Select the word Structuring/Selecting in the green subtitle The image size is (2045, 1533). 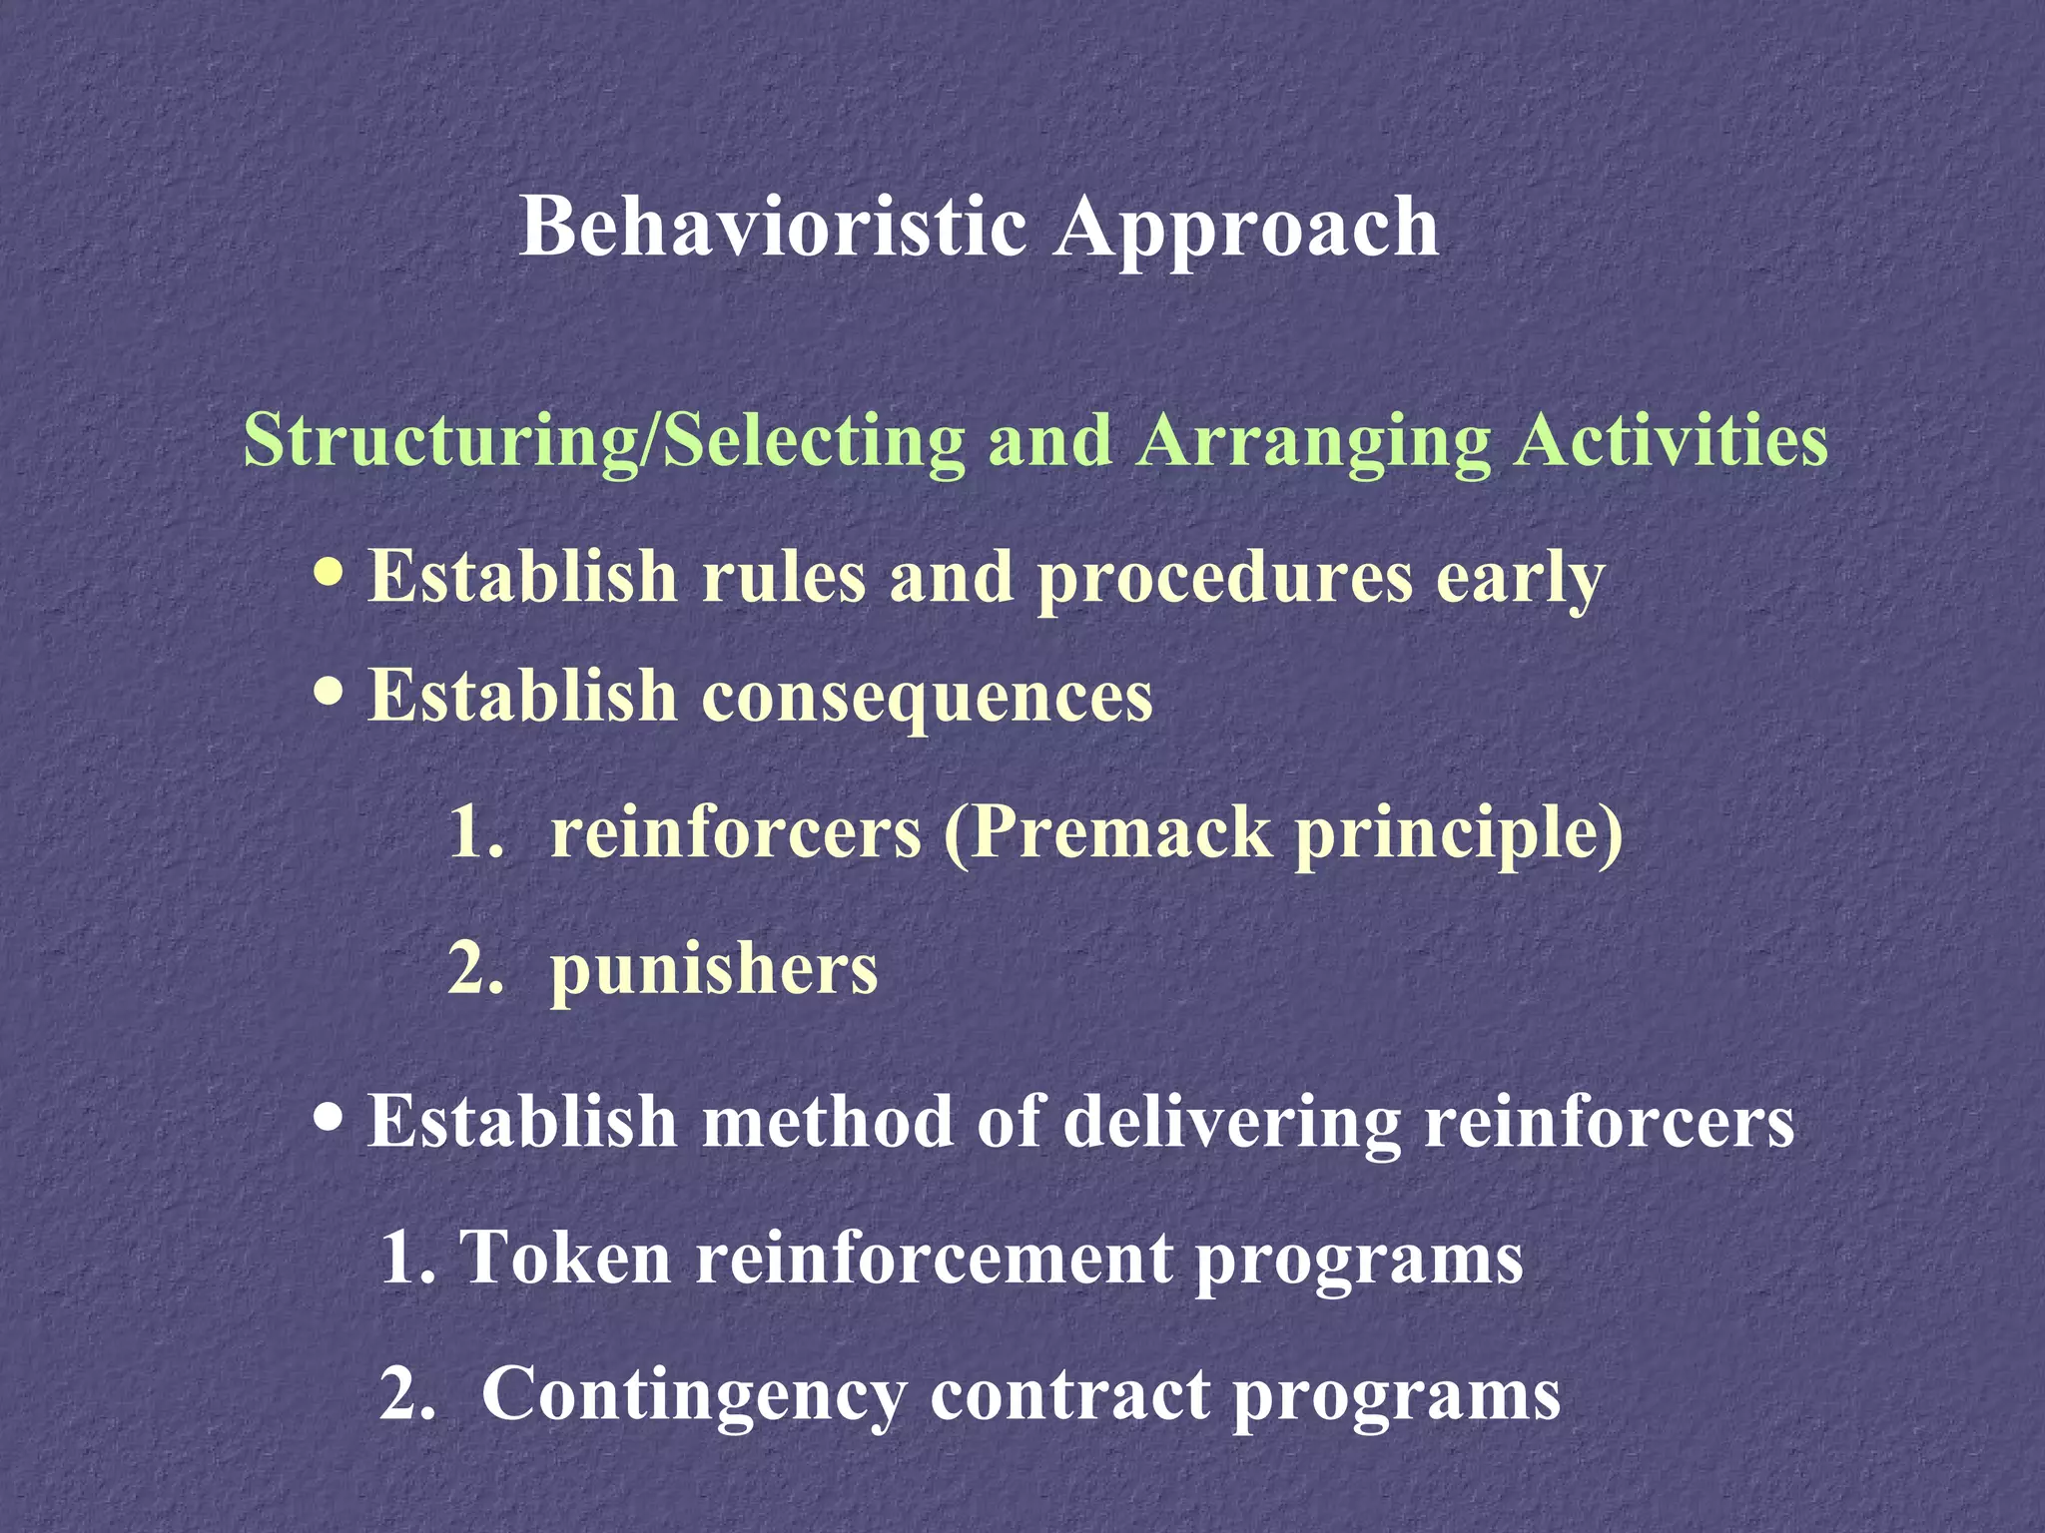pyautogui.click(x=604, y=440)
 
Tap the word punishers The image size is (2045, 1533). pyautogui.click(x=713, y=970)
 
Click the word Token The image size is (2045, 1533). pyautogui.click(x=564, y=1257)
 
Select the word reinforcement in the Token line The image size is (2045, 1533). pyautogui.click(x=934, y=1257)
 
